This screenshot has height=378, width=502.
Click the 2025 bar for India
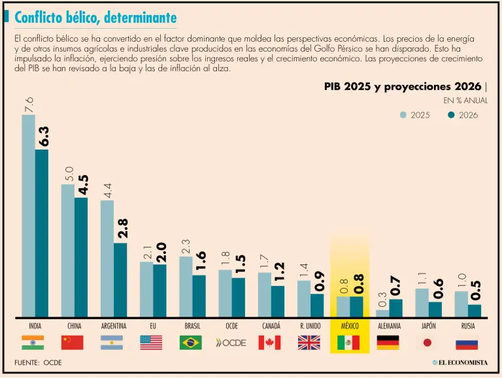(x=28, y=216)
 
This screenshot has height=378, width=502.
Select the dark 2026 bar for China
(x=81, y=257)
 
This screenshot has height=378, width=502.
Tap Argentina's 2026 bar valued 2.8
(x=120, y=280)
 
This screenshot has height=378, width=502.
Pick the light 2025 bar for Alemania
(x=382, y=313)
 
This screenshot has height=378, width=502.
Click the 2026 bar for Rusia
(x=475, y=311)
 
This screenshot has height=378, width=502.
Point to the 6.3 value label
(x=44, y=136)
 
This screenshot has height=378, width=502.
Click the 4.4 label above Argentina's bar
(x=108, y=191)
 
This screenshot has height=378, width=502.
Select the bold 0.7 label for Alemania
(x=395, y=287)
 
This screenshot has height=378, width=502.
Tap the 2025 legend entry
(x=415, y=115)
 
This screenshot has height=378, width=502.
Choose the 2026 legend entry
(x=463, y=115)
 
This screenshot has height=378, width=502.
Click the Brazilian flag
(x=191, y=343)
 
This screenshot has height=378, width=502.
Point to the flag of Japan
(x=427, y=343)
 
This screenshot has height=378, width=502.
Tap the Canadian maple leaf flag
(x=269, y=343)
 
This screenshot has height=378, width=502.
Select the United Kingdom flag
(x=309, y=343)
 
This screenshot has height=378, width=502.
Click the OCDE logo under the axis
(x=231, y=343)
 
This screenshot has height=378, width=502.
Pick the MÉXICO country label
(x=350, y=326)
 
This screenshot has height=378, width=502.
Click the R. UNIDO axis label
(x=310, y=326)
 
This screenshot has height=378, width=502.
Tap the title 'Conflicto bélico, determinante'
(x=95, y=18)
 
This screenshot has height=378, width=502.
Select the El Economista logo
(x=460, y=362)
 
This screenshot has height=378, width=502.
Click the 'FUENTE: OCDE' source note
(x=38, y=362)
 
